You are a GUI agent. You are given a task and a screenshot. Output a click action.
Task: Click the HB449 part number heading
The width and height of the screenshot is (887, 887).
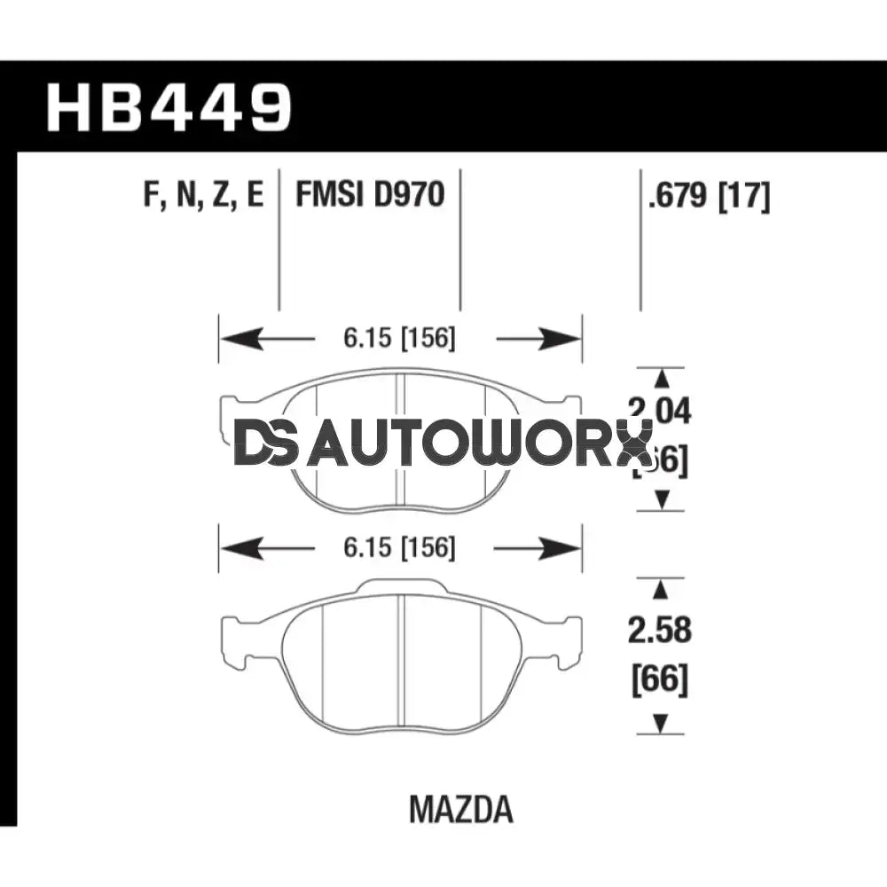pyautogui.click(x=169, y=107)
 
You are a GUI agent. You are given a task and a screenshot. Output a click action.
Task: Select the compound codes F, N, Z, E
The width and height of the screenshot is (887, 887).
pyautogui.click(x=203, y=193)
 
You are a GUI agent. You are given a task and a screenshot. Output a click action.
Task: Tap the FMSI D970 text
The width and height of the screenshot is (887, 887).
pyautogui.click(x=370, y=193)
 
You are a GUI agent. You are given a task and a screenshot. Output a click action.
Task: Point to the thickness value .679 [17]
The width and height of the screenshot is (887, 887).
pyautogui.click(x=709, y=194)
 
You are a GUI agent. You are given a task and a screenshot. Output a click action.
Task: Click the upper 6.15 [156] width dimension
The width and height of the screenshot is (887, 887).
pyautogui.click(x=400, y=339)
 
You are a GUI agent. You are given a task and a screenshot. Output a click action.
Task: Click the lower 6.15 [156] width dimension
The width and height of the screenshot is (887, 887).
pyautogui.click(x=400, y=549)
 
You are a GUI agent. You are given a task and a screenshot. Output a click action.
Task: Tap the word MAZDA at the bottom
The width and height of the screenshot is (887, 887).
pyautogui.click(x=461, y=809)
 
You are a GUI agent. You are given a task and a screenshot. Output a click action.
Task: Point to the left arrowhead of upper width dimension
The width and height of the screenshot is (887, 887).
pyautogui.click(x=239, y=339)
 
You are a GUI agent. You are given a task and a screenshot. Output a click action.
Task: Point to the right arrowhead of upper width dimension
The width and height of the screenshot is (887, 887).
pyautogui.click(x=561, y=339)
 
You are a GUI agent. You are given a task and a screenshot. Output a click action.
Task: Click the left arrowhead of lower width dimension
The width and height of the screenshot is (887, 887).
pyautogui.click(x=239, y=549)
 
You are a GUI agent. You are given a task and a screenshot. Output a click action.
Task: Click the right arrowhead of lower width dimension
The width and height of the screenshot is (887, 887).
pyautogui.click(x=561, y=549)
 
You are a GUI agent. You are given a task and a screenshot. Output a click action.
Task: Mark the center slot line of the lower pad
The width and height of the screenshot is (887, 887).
pyautogui.click(x=402, y=656)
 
